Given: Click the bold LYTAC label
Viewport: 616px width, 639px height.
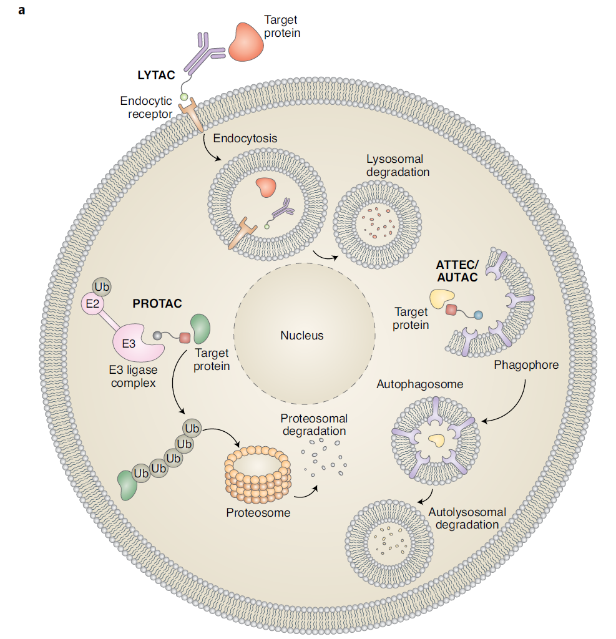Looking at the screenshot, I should [156, 76].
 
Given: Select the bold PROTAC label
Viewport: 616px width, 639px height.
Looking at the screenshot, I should [157, 304].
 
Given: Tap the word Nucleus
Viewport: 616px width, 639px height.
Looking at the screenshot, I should [301, 336].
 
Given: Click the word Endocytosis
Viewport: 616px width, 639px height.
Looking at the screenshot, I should [245, 138].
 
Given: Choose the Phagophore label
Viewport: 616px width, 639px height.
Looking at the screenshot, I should [526, 364].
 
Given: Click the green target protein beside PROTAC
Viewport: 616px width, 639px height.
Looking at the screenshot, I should [201, 328].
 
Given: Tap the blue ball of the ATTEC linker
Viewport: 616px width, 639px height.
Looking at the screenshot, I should [478, 315].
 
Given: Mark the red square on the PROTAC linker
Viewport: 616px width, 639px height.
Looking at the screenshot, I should [184, 338].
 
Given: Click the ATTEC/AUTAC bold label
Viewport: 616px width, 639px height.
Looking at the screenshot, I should [457, 271].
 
